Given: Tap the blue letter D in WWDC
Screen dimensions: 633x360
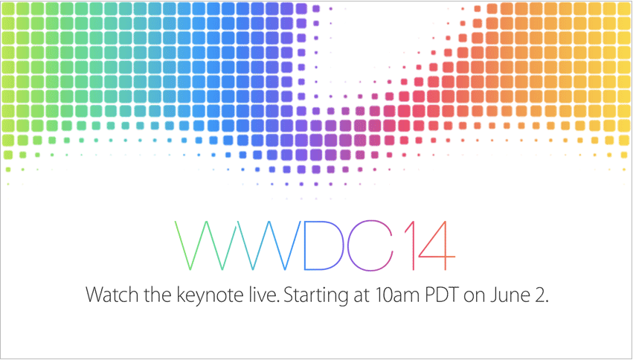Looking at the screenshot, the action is click(x=304, y=245).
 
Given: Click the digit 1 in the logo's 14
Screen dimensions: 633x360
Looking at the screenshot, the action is click(x=413, y=245).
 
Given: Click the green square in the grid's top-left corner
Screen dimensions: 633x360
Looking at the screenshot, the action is click(x=8, y=8).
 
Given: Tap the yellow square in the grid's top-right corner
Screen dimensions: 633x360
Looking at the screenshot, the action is click(x=624, y=8).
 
